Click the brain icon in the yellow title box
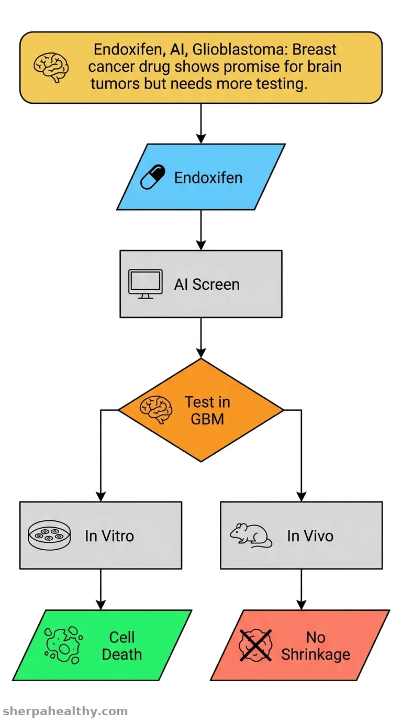click(51, 67)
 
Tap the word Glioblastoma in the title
click(238, 50)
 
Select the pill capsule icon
click(153, 177)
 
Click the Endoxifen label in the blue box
click(208, 178)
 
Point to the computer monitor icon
click(146, 284)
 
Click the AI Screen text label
click(207, 285)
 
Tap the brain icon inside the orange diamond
click(155, 409)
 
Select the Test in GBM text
click(207, 410)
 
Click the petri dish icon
click(49, 535)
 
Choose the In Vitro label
click(109, 536)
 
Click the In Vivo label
click(310, 536)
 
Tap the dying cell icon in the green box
click(63, 644)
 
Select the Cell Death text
click(121, 646)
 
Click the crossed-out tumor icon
click(255, 646)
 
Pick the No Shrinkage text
click(316, 646)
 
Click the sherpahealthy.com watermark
click(65, 711)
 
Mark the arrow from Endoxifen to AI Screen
click(201, 230)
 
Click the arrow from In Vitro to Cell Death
click(100, 589)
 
